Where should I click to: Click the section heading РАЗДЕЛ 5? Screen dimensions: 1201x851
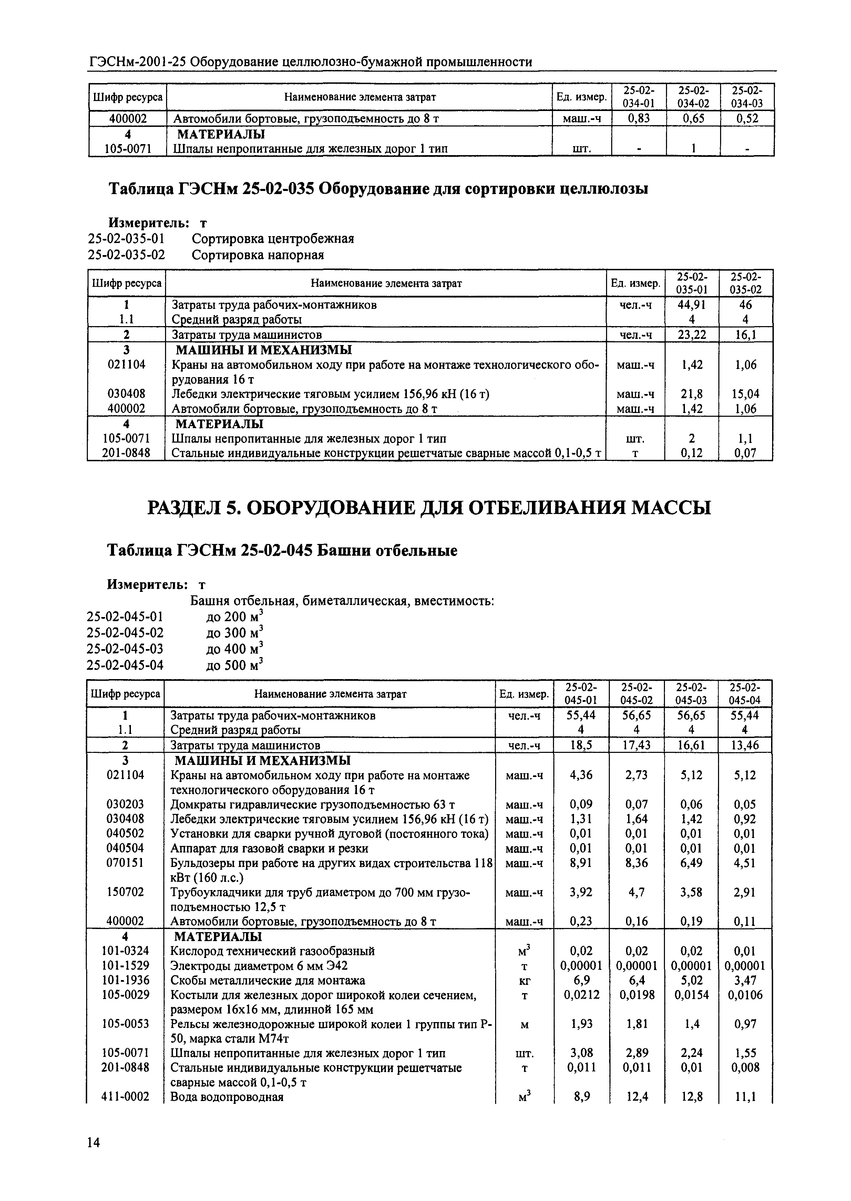429,508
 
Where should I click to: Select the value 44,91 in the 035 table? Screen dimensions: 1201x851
692,305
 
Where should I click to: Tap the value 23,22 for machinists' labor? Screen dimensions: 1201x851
692,334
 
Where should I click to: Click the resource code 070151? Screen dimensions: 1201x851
125,863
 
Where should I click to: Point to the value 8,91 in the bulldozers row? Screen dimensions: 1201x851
581,863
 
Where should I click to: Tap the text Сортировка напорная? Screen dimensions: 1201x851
257,255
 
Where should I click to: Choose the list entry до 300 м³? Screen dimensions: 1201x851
234,633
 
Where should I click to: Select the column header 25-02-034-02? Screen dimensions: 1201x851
693,97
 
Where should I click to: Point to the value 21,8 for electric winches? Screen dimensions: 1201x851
692,394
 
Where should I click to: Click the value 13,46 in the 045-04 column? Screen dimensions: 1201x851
745,745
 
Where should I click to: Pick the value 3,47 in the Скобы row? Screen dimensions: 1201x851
745,980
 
